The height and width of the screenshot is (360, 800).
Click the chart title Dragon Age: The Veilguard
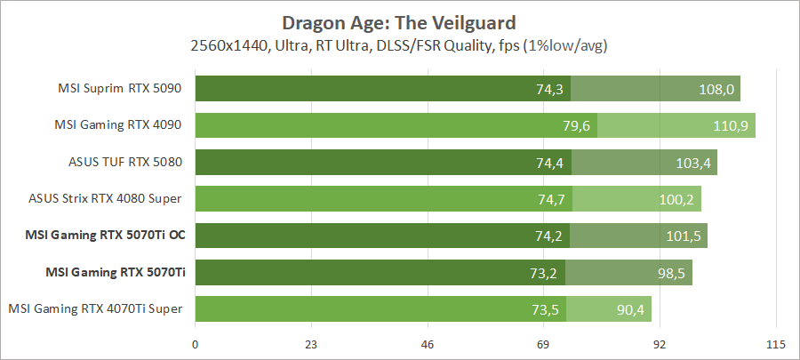399,21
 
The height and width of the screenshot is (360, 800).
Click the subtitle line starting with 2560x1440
399,44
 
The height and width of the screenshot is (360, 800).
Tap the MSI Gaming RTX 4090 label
121,125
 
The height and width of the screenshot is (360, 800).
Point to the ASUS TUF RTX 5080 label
125,163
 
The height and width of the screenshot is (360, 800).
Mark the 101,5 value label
684,236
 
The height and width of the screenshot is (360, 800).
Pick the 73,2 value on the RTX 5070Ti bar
540,273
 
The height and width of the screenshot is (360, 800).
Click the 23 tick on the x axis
311,344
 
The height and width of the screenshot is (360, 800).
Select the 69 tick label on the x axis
543,344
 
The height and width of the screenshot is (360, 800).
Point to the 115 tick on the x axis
775,344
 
